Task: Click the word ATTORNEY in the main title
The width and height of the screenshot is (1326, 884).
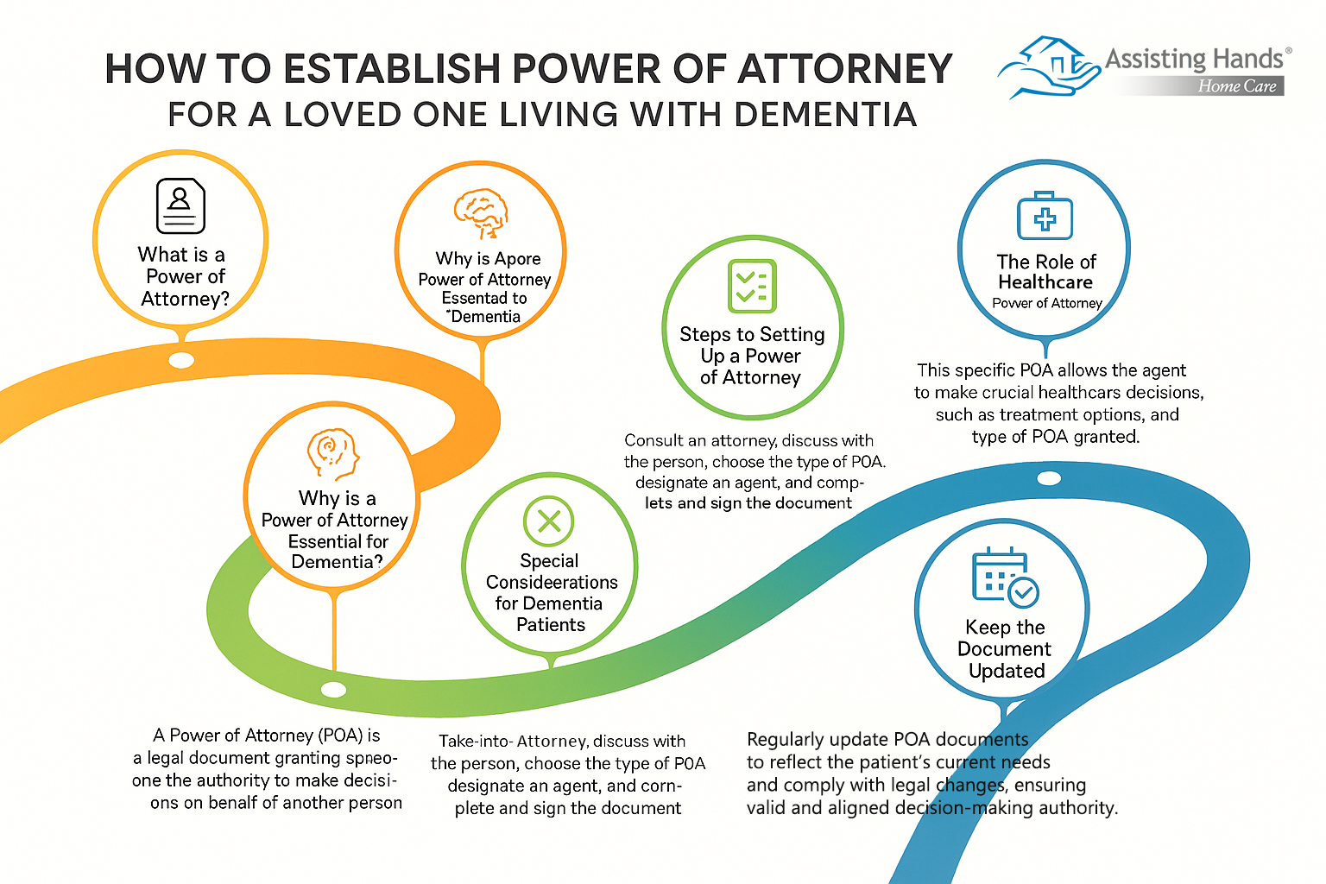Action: point(844,69)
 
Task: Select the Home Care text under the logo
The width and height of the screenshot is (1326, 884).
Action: point(1236,86)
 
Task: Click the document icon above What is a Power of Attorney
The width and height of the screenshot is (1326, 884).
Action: point(180,205)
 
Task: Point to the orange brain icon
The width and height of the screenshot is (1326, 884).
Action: point(481,212)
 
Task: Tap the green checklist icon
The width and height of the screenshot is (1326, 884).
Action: point(752,286)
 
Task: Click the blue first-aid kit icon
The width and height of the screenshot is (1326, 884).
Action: point(1045,216)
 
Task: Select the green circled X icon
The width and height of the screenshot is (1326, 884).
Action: point(549,521)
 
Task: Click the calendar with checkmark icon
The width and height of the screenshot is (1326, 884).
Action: point(1004,576)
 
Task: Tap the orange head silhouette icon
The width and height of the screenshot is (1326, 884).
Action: point(332,453)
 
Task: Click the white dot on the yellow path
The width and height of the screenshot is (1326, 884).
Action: point(181,360)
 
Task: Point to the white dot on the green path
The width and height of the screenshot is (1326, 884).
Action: point(333,690)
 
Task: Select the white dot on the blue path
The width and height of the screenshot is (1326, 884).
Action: point(1049,478)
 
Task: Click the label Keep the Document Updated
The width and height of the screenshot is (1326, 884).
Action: point(1005,649)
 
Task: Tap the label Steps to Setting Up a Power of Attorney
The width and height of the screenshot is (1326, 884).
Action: point(752,356)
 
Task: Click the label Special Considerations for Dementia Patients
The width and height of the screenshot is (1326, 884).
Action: point(551,593)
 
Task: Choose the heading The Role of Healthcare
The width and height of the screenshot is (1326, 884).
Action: point(1045,272)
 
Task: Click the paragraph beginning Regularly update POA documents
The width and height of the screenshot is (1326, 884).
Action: point(931,773)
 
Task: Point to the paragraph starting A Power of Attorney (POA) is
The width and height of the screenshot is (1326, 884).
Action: point(268,768)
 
